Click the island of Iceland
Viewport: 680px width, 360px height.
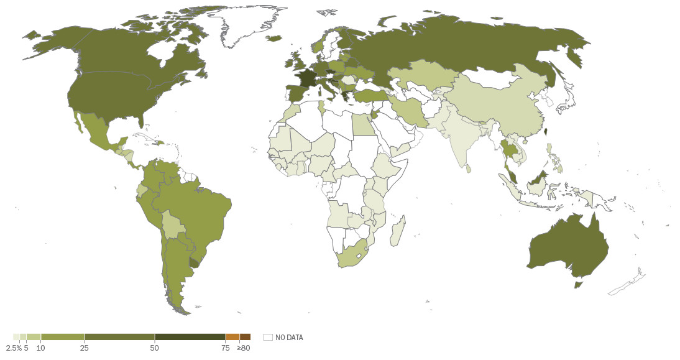[x=274, y=39]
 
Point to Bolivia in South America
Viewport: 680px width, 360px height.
[x=174, y=224]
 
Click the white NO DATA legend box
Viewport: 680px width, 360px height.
[x=268, y=337]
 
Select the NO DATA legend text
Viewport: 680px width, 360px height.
[x=289, y=338]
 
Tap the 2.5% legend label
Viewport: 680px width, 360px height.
[x=13, y=348]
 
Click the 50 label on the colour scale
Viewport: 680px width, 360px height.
[x=155, y=348]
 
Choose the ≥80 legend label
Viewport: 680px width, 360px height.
[x=243, y=348]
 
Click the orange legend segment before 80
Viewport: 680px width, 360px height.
[x=232, y=337]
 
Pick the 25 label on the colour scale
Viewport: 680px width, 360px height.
[x=84, y=348]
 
